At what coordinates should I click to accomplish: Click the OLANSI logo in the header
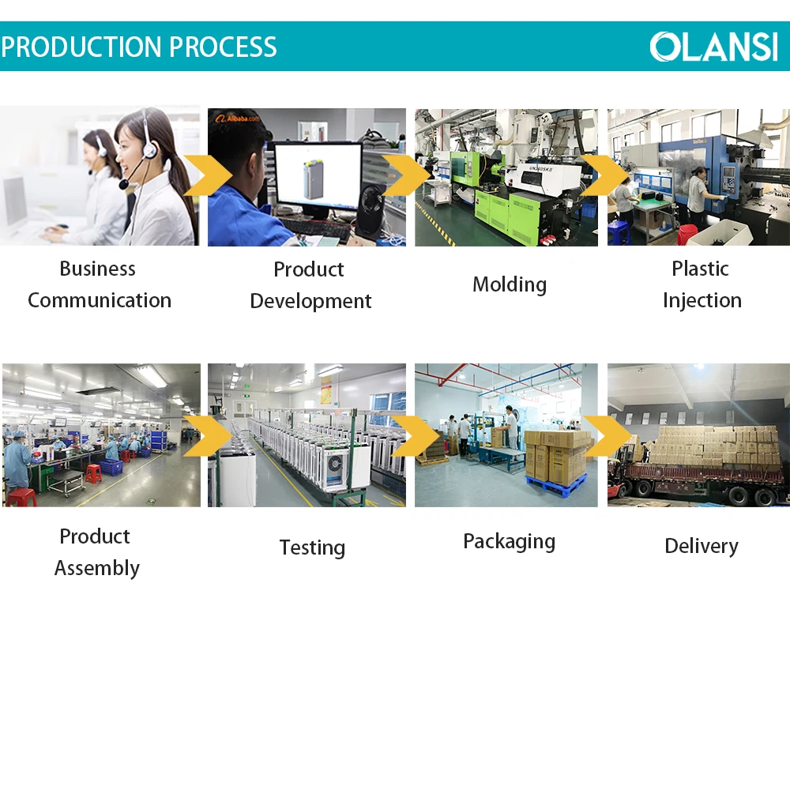coord(713,47)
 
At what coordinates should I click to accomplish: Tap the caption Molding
coord(510,284)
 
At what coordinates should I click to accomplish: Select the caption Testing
coord(312,547)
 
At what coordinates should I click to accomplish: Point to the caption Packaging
coord(510,542)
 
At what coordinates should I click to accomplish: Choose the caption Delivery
coord(702,546)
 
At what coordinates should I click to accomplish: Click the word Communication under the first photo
coord(100,300)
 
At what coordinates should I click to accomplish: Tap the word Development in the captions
coord(310,302)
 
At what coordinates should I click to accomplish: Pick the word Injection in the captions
coord(702,301)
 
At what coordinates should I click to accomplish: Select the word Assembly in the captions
coord(97,568)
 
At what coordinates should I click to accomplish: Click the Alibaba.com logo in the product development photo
coord(237,119)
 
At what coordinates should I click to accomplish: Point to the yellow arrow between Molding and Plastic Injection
coord(604,175)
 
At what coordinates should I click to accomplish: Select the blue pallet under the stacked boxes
coord(555,481)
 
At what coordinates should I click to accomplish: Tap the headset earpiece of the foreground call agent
coord(149,149)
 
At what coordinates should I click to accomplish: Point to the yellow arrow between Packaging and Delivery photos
coord(608,436)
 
